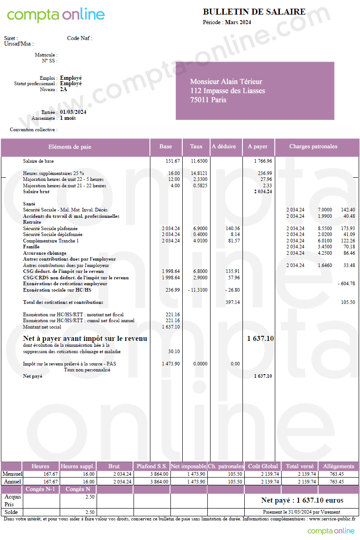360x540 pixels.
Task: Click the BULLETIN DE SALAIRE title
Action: [254, 12]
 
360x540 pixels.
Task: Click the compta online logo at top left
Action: [56, 15]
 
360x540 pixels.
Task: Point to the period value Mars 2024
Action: [238, 22]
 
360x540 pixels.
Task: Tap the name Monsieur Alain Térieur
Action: [226, 82]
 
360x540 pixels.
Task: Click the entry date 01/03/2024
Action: [73, 112]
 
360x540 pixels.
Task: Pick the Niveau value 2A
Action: [63, 89]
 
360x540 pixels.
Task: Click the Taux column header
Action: [196, 147]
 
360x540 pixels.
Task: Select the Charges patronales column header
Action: [313, 147]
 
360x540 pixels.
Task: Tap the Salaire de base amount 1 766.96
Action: [263, 161]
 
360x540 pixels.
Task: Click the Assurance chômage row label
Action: [45, 253]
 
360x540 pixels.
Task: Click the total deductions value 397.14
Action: [232, 302]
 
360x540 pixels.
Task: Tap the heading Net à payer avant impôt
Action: [85, 339]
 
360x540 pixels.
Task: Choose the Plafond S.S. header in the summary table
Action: [152, 466]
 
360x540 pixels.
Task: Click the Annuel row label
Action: [13, 481]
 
